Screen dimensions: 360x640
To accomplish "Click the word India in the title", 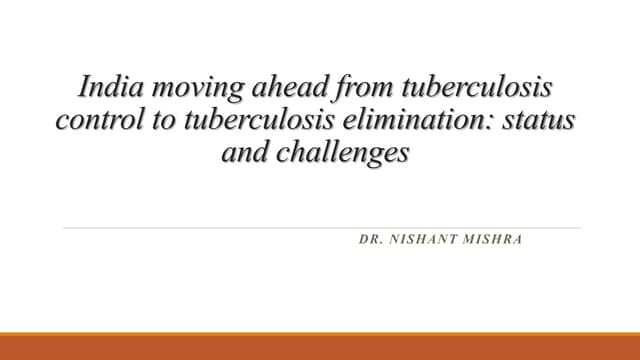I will point(104,87).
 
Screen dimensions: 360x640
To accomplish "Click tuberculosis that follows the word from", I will point(467,87).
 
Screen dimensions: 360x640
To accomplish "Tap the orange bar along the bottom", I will point(320,347).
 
